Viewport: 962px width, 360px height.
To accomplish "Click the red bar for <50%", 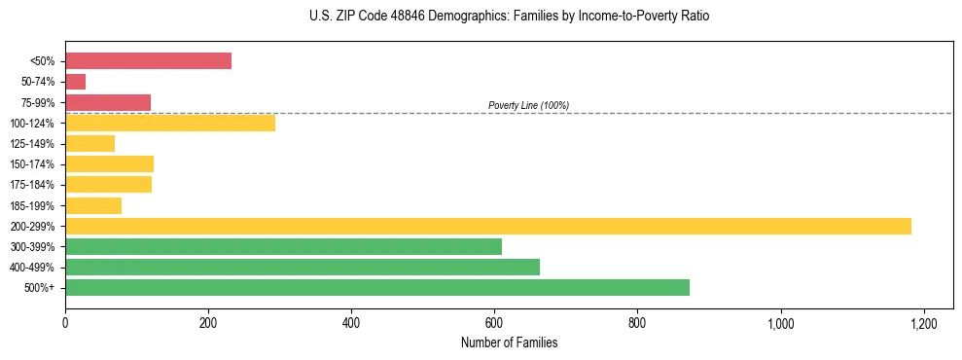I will (148, 61).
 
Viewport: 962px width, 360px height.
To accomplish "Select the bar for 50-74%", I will (76, 82).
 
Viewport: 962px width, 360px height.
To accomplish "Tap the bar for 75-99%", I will (108, 102).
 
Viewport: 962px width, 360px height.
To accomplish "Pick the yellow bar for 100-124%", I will (170, 123).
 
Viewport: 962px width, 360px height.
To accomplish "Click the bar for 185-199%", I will (93, 205).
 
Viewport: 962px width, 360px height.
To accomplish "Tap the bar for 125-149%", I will (89, 143).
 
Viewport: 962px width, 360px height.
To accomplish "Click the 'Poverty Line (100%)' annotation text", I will (528, 105).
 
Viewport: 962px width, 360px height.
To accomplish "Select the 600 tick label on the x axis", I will (494, 322).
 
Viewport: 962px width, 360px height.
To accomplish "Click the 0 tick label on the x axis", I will (65, 322).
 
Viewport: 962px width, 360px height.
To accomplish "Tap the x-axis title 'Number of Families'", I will (509, 342).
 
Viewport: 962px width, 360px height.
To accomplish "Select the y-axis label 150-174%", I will (32, 164).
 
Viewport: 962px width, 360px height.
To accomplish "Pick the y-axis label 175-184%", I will (32, 185).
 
